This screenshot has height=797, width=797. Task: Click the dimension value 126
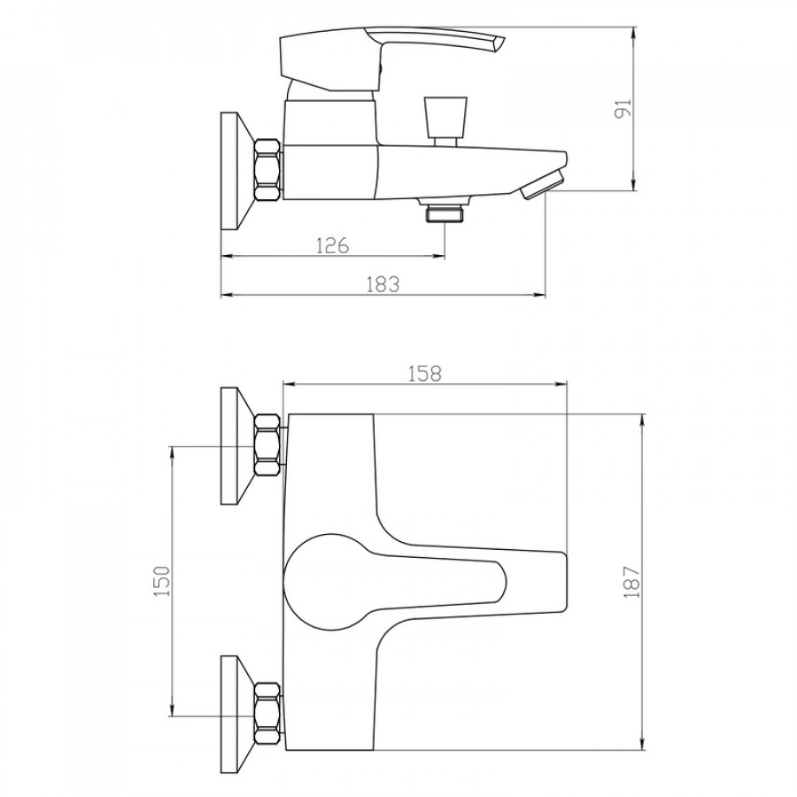click(333, 245)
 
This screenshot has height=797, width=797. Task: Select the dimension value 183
click(383, 284)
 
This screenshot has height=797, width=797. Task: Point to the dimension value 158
click(425, 374)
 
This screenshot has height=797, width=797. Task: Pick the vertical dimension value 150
click(162, 581)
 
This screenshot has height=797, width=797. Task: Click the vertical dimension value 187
click(631, 581)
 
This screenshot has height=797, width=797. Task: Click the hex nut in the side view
click(267, 169)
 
